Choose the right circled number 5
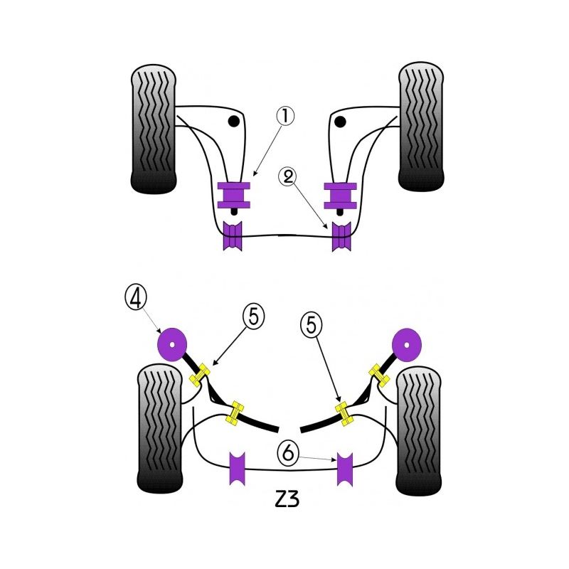310,325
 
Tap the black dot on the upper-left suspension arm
233,122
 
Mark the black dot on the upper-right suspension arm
340,122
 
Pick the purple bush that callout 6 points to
346,469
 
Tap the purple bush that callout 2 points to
342,237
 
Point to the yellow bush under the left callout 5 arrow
202,374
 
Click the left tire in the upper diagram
154,129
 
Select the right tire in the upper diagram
421,128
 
